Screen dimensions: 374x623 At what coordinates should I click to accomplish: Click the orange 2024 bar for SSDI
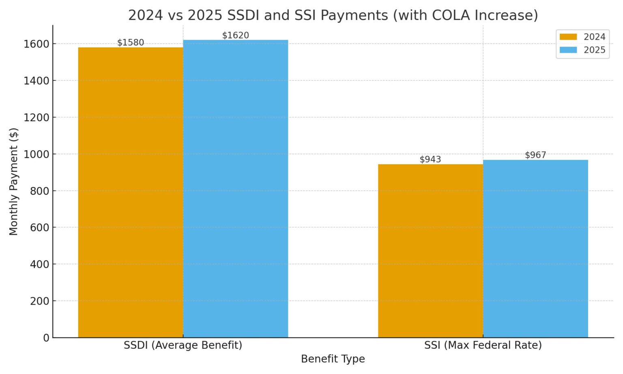click(x=130, y=192)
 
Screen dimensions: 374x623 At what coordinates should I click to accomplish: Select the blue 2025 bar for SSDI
click(x=235, y=189)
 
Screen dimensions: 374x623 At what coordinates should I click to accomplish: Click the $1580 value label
click(x=131, y=43)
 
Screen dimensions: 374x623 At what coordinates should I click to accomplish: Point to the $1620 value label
click(x=236, y=35)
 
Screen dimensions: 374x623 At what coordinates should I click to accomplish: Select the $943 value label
click(x=430, y=159)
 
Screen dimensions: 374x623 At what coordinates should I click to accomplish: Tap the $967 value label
click(x=535, y=155)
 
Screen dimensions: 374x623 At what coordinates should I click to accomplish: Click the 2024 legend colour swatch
click(x=568, y=37)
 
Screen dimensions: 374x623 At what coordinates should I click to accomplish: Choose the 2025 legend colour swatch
click(x=568, y=50)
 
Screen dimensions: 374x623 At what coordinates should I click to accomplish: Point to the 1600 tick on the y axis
click(x=36, y=44)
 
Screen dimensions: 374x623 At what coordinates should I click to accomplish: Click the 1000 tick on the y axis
click(x=36, y=154)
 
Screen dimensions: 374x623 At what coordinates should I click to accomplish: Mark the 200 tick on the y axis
click(x=39, y=301)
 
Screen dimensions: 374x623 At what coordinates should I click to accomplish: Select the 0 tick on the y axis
click(x=46, y=338)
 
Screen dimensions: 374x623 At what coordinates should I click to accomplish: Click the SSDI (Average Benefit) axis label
click(x=183, y=345)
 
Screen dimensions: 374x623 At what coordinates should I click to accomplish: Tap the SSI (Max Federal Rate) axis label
click(x=483, y=345)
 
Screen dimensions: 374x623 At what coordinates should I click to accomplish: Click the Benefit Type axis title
click(x=333, y=359)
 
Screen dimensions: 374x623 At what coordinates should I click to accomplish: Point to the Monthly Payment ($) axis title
click(x=14, y=181)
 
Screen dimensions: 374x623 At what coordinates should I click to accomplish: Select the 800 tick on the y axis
click(x=39, y=191)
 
